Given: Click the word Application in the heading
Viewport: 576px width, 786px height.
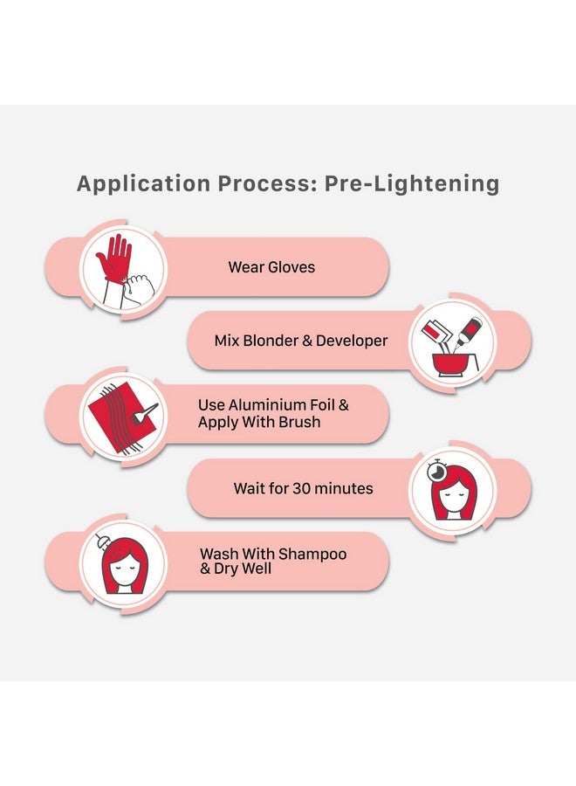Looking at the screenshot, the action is click(143, 184).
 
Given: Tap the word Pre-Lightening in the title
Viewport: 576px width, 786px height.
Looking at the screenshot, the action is click(412, 184).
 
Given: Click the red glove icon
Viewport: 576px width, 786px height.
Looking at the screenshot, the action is click(115, 257).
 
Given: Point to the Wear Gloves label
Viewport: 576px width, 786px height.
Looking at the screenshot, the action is click(271, 267).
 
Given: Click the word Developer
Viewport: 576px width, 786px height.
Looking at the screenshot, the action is click(352, 341).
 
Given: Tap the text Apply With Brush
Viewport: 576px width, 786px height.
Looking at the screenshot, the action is click(259, 422).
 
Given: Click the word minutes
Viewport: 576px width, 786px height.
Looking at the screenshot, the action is click(344, 488).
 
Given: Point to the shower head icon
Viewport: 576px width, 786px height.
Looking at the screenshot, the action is click(102, 541).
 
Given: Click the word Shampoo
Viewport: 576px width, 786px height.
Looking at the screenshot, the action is click(312, 555).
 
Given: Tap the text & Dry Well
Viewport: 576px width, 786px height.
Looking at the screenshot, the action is click(236, 569).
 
